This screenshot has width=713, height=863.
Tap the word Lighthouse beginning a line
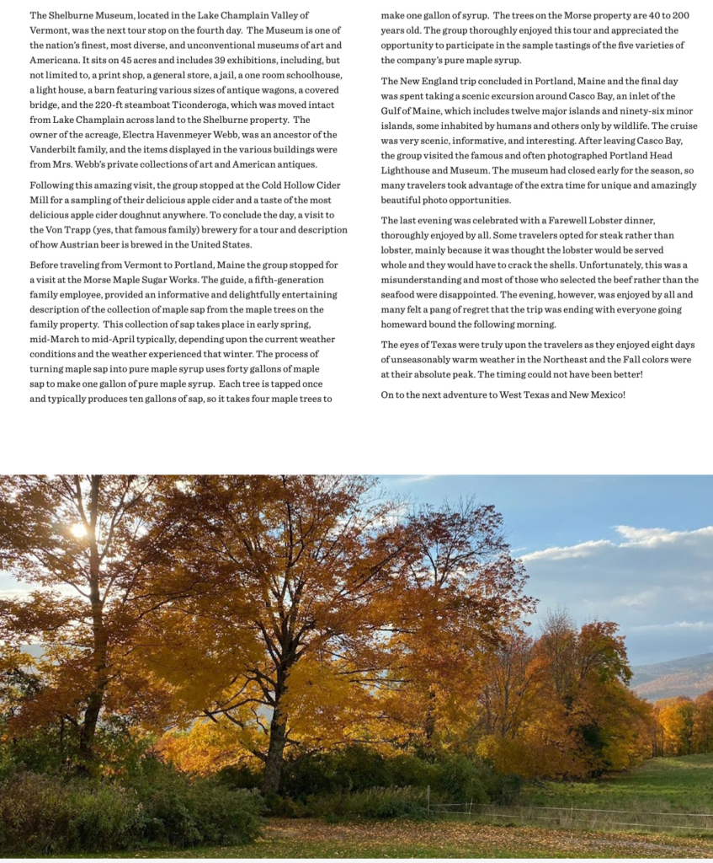pos(407,170)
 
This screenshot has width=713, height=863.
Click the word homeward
pos(412,324)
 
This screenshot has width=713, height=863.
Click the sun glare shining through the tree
pos(79,530)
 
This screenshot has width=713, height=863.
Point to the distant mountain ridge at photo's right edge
pos(678,671)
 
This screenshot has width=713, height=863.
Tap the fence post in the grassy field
pos(428,799)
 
